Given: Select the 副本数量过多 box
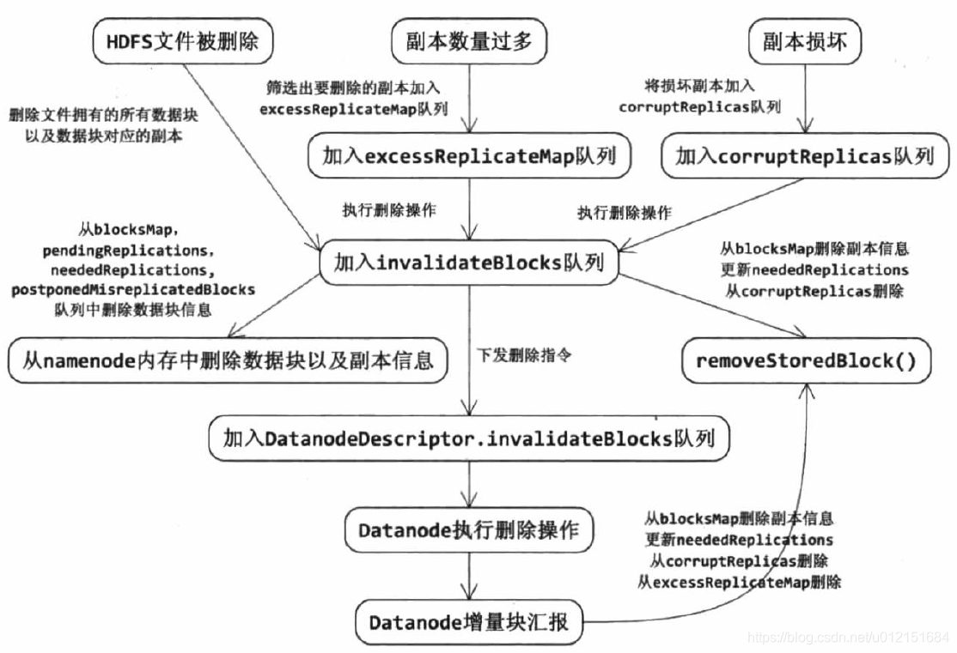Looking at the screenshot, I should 469,42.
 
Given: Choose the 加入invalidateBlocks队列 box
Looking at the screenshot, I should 469,263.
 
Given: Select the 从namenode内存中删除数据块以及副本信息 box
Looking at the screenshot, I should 227,360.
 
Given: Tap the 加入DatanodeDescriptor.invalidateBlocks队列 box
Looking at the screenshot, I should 469,438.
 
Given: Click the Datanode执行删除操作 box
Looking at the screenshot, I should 469,530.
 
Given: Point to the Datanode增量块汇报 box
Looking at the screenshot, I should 469,620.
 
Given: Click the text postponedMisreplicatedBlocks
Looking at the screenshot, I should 133,290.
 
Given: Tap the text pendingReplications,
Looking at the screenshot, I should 128,251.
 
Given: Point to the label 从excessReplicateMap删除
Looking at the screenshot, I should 739,583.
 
